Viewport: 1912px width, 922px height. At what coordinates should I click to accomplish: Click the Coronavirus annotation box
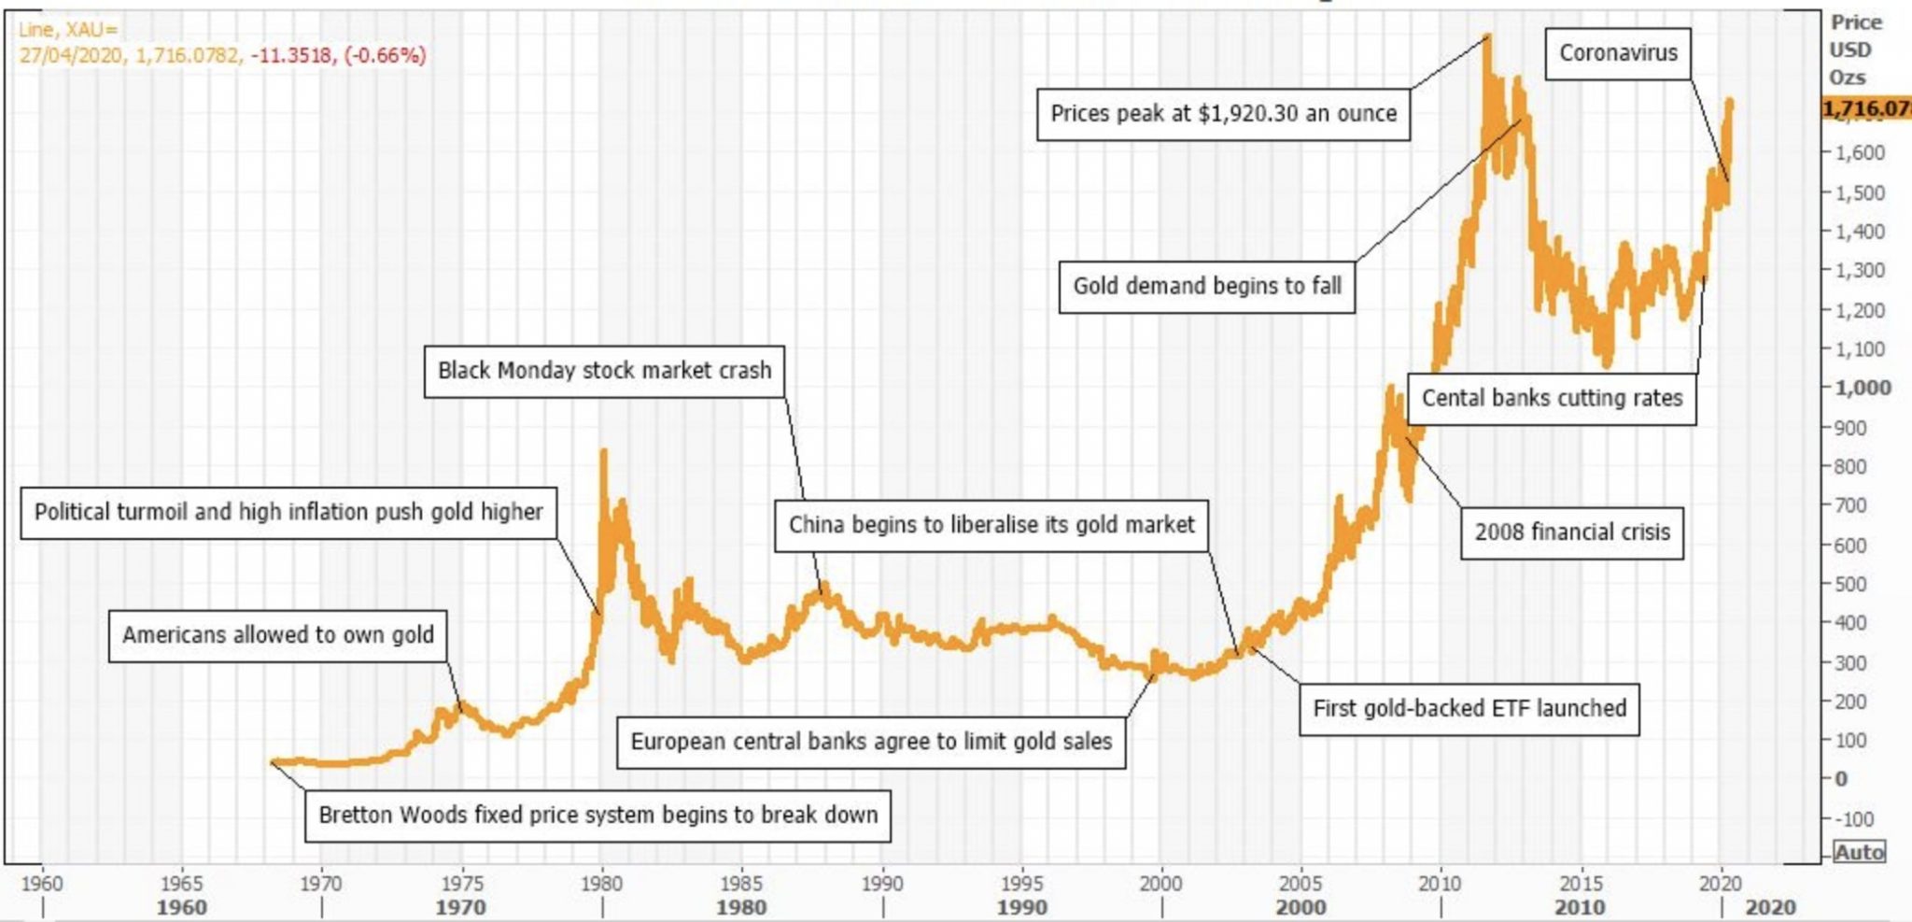tap(1618, 53)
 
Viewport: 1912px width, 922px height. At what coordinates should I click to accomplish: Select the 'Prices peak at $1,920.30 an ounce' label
tap(1223, 114)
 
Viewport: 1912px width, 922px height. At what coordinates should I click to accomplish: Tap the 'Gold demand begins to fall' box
tap(1206, 286)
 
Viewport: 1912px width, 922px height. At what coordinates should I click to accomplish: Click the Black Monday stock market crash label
tap(604, 371)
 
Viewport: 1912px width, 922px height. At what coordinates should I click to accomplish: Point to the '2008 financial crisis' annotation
tap(1571, 532)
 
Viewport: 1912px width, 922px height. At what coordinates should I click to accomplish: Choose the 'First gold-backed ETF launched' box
tap(1469, 708)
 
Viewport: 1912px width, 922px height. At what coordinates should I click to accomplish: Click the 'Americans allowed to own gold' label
tap(277, 635)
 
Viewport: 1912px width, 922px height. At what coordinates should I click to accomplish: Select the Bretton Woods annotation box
tap(597, 815)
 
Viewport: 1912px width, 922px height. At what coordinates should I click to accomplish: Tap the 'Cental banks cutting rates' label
tap(1551, 398)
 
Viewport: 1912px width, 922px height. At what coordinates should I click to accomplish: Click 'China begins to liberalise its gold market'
tap(991, 525)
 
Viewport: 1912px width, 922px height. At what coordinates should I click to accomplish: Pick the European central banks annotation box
tap(870, 742)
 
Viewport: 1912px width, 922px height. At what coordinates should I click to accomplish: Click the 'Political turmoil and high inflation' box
tap(288, 512)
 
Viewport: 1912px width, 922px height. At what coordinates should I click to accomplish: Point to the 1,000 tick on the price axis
tap(1862, 388)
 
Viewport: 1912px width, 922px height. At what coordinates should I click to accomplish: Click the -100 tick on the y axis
tap(1853, 819)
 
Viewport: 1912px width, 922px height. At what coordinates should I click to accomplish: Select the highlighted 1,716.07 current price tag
tap(1865, 108)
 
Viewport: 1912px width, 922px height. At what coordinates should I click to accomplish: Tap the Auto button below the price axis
tap(1858, 852)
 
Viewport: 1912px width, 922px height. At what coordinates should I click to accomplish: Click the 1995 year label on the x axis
tap(1021, 883)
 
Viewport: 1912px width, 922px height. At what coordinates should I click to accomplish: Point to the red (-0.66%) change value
tap(385, 55)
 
